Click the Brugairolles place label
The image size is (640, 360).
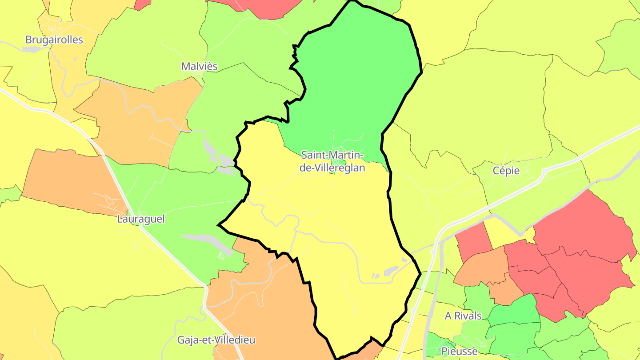pos(54,40)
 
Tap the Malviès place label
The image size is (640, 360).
pos(199,66)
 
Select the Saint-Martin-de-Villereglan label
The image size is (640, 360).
pos(332,161)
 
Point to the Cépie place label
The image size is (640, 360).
pos(506,171)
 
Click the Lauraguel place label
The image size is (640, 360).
pos(141,219)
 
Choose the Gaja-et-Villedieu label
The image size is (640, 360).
pos(216,340)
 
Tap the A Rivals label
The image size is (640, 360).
pos(463,316)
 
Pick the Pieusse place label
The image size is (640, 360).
pos(459,351)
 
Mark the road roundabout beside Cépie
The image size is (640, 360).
pos(544,171)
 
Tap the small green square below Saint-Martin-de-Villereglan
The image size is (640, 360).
pos(332,171)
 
